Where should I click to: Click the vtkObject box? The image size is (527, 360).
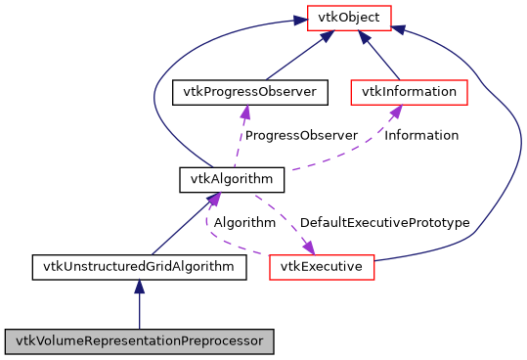pyautogui.click(x=349, y=17)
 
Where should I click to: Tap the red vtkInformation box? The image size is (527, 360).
pyautogui.click(x=410, y=92)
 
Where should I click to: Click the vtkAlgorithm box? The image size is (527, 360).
pyautogui.click(x=232, y=179)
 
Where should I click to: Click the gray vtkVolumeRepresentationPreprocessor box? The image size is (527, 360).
pyautogui.click(x=139, y=341)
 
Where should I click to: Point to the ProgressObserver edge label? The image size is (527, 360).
pyautogui.click(x=301, y=135)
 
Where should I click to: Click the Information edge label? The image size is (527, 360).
pyautogui.click(x=421, y=135)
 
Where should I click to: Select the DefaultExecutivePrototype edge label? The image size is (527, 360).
pyautogui.click(x=384, y=222)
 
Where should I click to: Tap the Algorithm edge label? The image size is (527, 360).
pyautogui.click(x=244, y=222)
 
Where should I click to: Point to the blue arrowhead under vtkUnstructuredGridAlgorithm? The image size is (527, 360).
pyautogui.click(x=139, y=287)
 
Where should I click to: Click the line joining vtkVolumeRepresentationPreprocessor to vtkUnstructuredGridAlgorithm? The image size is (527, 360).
pyautogui.click(x=139, y=311)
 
